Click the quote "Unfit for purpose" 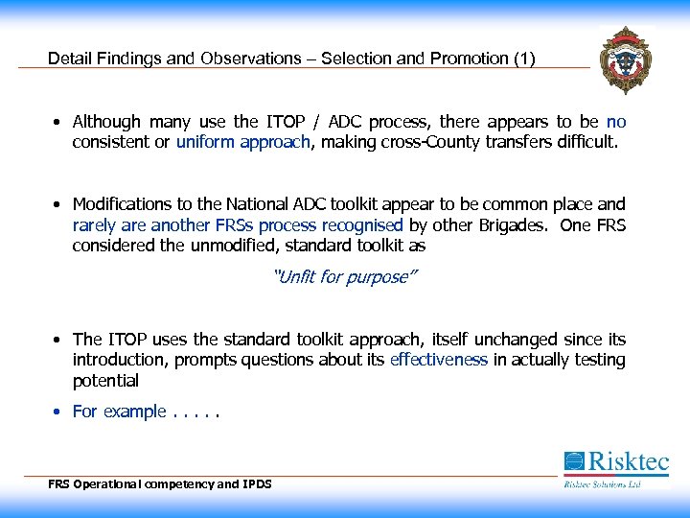click(x=346, y=278)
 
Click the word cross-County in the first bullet click(x=427, y=143)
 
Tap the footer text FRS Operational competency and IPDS click(x=160, y=484)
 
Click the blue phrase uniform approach click(x=243, y=143)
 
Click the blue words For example click(x=119, y=412)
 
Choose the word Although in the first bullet click(x=106, y=122)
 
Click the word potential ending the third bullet click(x=105, y=381)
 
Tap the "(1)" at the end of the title click(x=524, y=59)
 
